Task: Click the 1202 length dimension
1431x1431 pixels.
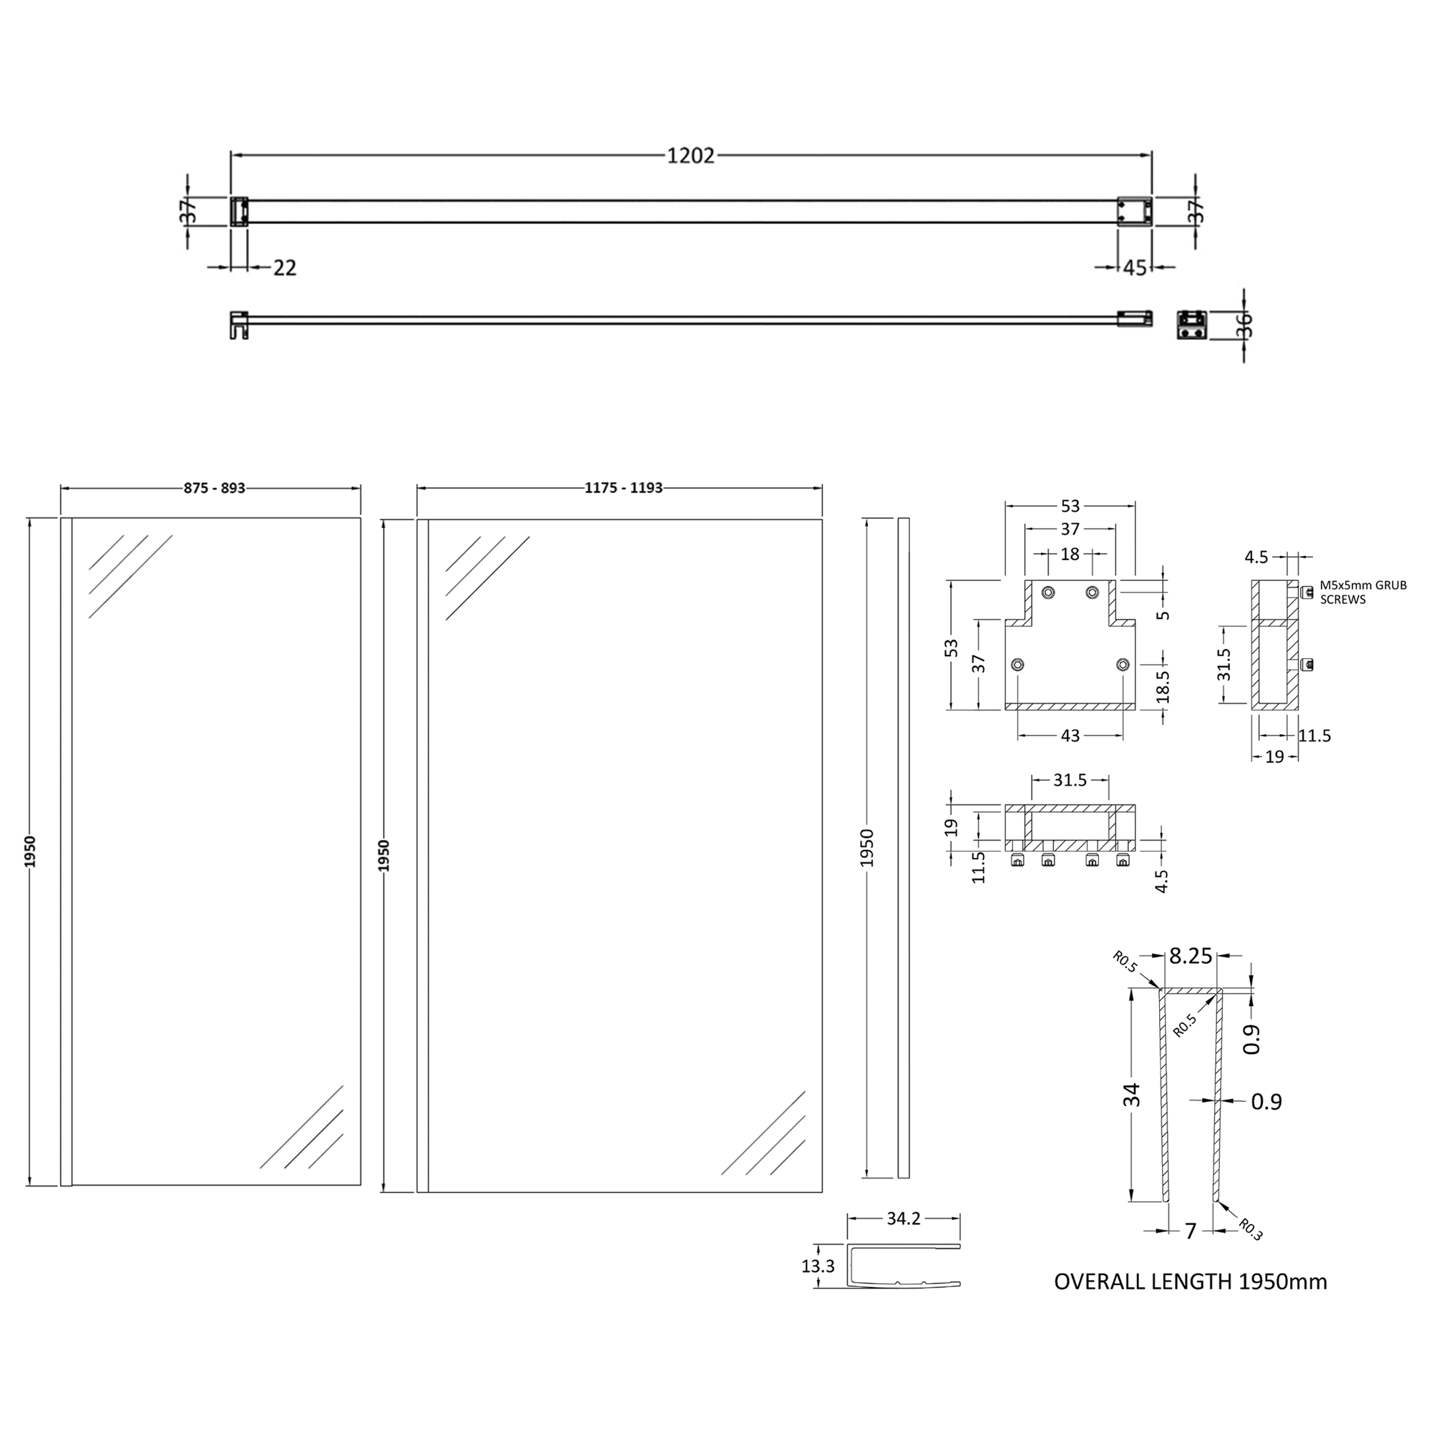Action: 690,155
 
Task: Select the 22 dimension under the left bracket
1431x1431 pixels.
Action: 285,268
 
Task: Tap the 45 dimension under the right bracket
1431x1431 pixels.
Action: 1135,268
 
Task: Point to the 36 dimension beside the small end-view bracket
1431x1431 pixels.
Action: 1244,325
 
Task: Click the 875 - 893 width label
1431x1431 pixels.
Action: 214,488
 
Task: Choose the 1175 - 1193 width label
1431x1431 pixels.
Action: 623,488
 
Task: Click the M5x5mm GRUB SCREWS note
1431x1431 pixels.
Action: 1363,592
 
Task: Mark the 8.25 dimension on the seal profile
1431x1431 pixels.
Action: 1191,956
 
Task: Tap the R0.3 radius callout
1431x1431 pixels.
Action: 1250,1230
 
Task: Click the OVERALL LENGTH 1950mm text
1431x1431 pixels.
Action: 1191,1281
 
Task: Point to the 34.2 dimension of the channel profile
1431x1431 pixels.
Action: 903,1218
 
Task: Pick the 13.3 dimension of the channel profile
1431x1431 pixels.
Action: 818,1266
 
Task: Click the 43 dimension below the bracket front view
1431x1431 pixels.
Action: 1070,736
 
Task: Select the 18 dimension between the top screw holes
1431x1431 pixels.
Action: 1070,553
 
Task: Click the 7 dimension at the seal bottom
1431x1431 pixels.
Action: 1191,1231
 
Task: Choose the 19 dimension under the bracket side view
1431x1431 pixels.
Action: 1274,757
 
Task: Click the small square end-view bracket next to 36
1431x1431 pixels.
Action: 1192,324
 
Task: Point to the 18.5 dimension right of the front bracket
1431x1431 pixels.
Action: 1163,686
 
